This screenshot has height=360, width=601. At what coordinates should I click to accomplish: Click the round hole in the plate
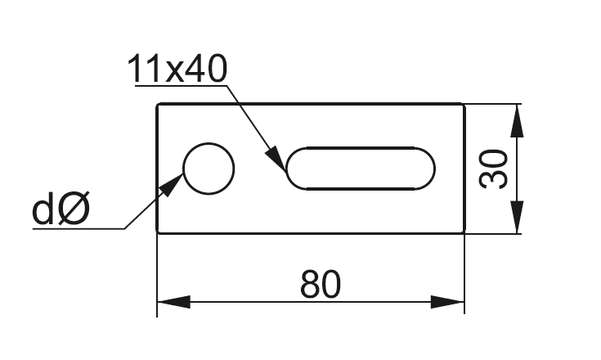[x=209, y=169]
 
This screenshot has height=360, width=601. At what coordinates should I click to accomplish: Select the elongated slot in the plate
[x=360, y=169]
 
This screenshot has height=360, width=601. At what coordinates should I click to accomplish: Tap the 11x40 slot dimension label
[x=177, y=70]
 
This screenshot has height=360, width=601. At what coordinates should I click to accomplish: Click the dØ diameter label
[x=61, y=210]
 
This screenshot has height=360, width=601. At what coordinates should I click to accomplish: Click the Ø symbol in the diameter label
[x=74, y=210]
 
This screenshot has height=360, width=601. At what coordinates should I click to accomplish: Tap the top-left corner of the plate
[x=158, y=105]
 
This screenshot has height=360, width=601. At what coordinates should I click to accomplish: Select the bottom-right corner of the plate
[x=464, y=232]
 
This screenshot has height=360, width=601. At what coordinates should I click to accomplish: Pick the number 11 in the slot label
[x=144, y=70]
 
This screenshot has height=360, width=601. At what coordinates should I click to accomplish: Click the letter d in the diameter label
[x=44, y=210]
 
